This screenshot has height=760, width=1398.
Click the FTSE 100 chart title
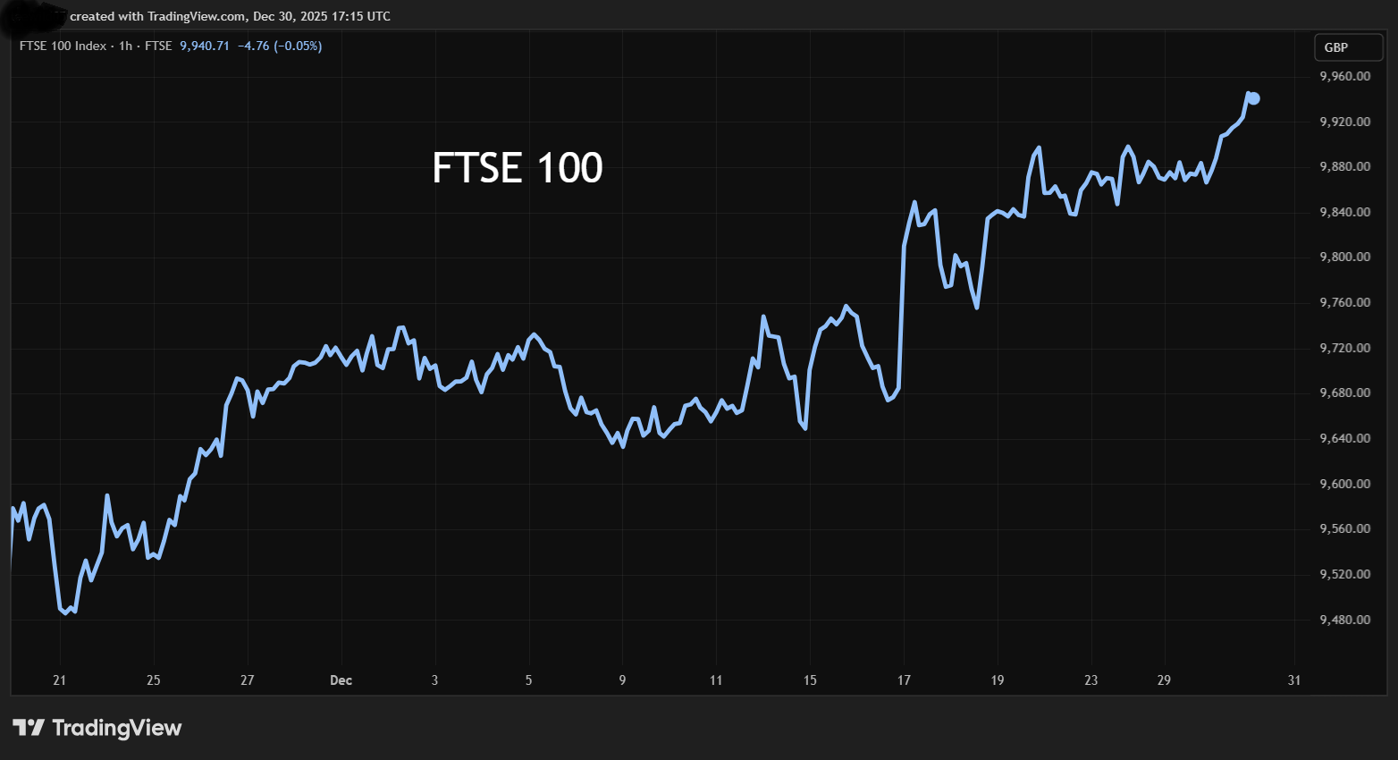518,168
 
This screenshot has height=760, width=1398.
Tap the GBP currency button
1336,47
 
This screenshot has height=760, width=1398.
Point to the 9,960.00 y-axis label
1344,77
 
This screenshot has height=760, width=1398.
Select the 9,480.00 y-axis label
1344,620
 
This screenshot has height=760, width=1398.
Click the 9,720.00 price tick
1344,348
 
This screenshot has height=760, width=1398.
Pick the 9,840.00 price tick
1344,212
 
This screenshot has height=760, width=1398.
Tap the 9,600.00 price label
1344,484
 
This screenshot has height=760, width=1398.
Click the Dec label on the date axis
341,680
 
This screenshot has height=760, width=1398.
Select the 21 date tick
59,680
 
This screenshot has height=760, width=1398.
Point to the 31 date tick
1294,680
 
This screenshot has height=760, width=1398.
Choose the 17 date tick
904,680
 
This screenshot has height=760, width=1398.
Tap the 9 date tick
622,680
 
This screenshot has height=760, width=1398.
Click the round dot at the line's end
1254,98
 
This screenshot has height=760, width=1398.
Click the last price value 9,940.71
205,46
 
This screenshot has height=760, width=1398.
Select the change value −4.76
253,46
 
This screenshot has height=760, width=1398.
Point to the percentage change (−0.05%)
298,46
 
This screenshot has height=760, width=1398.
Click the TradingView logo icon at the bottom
28,728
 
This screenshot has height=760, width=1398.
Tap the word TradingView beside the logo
117,728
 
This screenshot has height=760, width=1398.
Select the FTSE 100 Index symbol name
63,46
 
